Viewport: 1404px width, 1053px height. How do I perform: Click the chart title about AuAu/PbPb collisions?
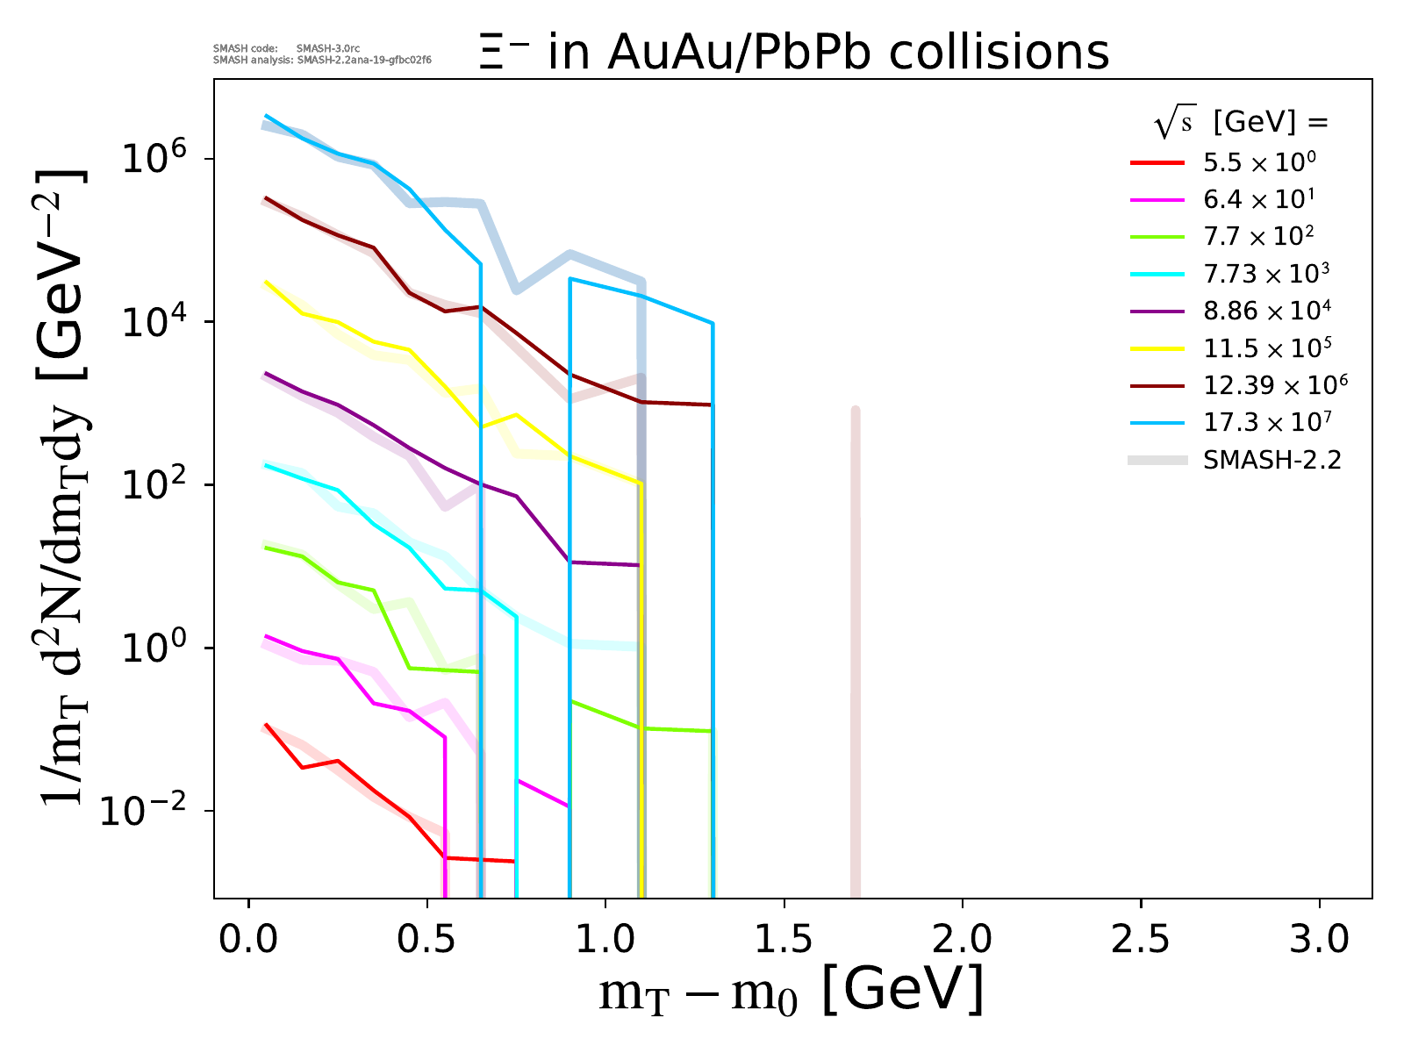tap(794, 53)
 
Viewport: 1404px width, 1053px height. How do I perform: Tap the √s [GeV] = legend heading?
tap(1241, 124)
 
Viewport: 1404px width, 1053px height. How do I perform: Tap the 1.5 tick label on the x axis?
tap(783, 940)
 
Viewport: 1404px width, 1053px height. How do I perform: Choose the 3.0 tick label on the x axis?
tap(1319, 940)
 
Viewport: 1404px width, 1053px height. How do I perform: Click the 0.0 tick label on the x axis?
tap(248, 940)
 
